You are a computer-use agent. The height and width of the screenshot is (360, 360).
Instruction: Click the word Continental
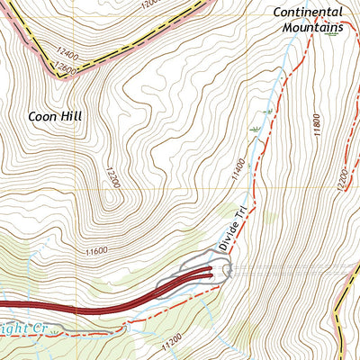coord(308,13)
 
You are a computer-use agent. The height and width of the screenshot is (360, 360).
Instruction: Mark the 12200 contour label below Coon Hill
coord(114,180)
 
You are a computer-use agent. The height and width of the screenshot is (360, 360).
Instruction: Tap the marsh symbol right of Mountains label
coord(335,40)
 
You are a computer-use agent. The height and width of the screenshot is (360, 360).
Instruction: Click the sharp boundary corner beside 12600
coord(61,76)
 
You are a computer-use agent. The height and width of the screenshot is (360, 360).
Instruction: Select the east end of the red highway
coord(212,267)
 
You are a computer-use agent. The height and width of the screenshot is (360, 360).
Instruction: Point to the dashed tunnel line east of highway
coord(288,268)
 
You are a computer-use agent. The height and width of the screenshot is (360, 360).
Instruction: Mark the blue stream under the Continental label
coord(286,63)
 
